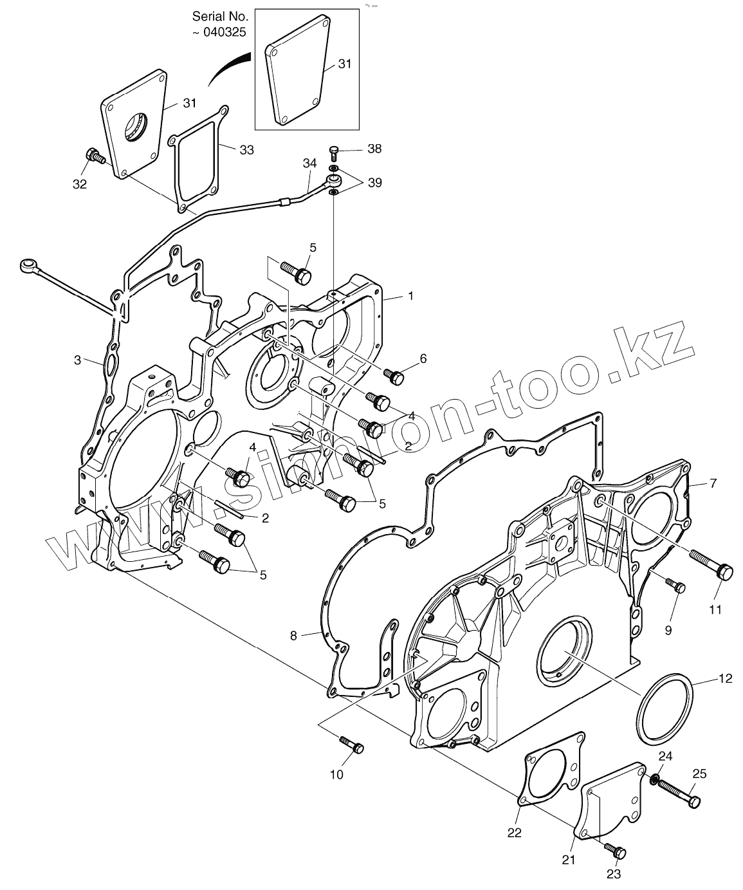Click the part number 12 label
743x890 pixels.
725,678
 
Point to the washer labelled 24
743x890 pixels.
654,780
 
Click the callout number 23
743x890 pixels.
613,873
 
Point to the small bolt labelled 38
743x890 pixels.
334,150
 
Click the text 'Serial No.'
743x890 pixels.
219,16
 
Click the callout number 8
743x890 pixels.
293,636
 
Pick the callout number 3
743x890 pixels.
77,360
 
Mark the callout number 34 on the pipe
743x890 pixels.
310,163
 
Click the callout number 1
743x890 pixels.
410,295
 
